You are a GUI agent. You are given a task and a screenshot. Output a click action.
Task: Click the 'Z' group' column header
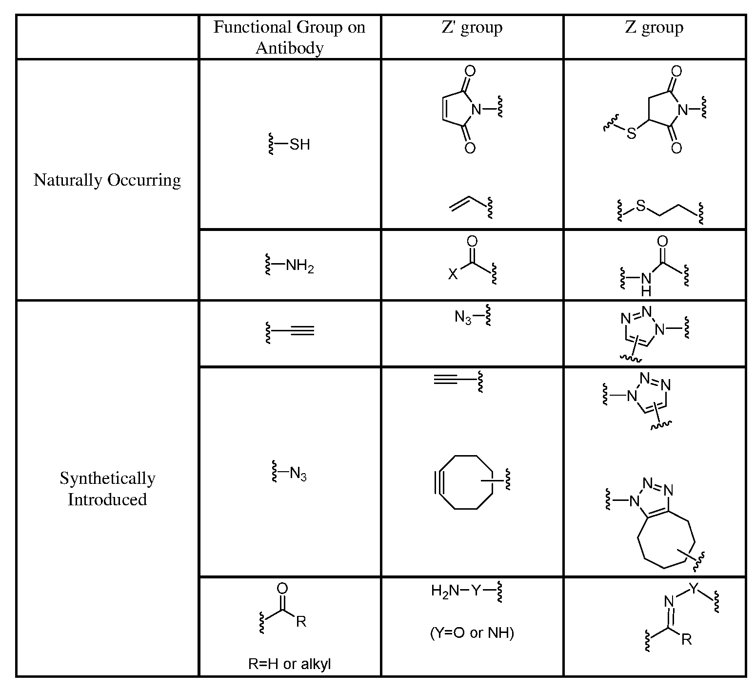click(472, 28)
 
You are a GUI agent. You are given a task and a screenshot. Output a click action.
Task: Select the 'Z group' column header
click(654, 28)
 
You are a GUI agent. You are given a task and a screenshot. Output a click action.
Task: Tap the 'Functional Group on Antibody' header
click(289, 37)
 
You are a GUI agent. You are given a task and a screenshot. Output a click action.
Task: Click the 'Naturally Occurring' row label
click(107, 180)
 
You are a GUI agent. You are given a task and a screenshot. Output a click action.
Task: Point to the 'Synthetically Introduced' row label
click(107, 489)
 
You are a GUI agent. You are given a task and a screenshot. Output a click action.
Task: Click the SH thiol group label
click(299, 144)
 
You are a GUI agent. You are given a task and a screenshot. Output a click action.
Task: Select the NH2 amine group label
click(299, 266)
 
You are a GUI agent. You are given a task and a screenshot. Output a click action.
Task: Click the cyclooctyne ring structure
click(466, 482)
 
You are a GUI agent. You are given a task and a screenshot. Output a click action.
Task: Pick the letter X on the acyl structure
click(453, 274)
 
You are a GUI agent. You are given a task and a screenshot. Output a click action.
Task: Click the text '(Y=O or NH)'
click(472, 633)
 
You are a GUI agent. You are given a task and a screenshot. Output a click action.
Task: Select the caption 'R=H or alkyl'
click(290, 664)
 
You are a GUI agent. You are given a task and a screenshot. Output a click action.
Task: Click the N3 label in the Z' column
click(463, 318)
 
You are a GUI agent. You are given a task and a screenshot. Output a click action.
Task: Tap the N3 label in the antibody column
click(298, 474)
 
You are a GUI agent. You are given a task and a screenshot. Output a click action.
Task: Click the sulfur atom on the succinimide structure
click(631, 133)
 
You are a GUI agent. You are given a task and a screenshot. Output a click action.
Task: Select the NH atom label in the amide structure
click(646, 285)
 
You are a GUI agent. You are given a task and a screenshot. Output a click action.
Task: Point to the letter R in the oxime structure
click(686, 639)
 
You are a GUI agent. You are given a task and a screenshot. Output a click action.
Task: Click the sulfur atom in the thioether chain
click(640, 207)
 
